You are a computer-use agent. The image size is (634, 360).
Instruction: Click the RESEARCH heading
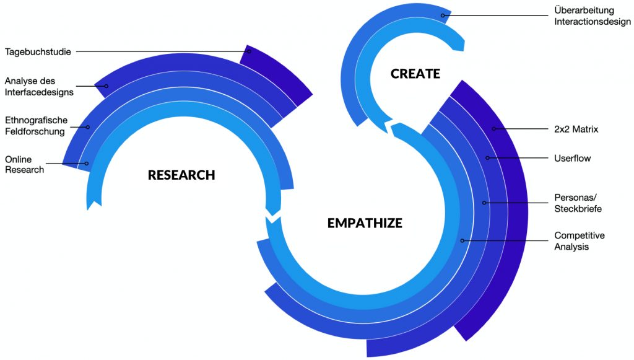[x=181, y=175]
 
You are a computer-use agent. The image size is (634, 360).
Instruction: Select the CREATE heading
[x=415, y=74]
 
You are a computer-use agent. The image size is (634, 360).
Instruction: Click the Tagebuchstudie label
[x=38, y=51]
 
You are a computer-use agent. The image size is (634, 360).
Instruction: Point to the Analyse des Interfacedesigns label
[x=39, y=87]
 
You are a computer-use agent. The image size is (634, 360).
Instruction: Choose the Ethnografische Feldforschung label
[x=36, y=126]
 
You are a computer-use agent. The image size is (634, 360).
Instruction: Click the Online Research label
[x=25, y=164]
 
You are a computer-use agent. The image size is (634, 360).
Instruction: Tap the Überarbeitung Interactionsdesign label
[x=583, y=16]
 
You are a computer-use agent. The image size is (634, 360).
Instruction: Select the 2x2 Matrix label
[x=576, y=129]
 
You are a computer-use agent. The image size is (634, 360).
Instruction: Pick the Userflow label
[x=573, y=158]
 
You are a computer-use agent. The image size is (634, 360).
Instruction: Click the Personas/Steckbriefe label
[x=578, y=203]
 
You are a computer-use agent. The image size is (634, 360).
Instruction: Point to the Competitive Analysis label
[x=580, y=241]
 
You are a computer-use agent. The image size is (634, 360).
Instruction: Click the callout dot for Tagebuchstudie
[x=249, y=51]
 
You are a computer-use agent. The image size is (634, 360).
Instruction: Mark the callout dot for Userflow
[x=487, y=158]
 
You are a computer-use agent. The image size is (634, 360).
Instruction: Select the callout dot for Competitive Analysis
[x=462, y=240]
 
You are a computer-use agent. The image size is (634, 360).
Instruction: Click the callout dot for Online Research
[x=87, y=164]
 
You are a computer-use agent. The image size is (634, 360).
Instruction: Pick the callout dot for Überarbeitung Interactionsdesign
[x=443, y=15]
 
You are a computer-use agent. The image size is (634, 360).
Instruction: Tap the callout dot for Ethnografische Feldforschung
[x=88, y=127]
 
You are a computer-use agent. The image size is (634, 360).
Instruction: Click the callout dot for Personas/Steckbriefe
[x=484, y=203]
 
